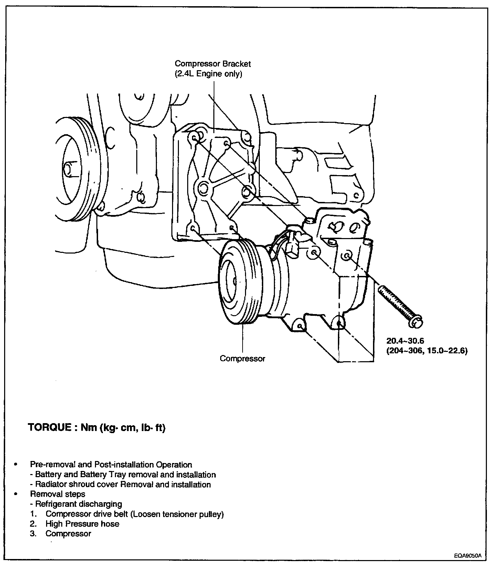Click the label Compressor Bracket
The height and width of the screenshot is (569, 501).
coord(213,64)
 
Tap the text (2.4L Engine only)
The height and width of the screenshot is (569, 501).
coord(208,74)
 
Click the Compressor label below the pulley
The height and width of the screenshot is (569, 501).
coord(243,358)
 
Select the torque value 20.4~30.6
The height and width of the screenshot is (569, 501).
coord(405,341)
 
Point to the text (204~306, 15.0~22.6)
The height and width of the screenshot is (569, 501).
coord(427,351)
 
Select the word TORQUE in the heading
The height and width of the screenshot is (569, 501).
coord(50,428)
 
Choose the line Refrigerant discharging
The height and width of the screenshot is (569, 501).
coord(79,504)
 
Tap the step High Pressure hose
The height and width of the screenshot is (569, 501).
coord(82,524)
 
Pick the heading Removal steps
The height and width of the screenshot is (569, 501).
coord(58,494)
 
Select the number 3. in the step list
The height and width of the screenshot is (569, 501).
coord(33,534)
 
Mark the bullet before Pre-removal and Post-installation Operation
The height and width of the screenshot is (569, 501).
coord(15,465)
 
